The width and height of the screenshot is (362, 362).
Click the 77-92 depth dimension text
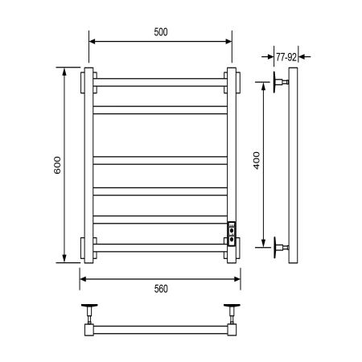point(287,57)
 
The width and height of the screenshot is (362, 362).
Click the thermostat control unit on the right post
point(232,232)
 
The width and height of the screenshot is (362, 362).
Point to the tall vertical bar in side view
point(295,165)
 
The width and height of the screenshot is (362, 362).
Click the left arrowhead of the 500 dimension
point(91,41)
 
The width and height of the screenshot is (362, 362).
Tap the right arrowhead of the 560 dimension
point(237,280)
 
